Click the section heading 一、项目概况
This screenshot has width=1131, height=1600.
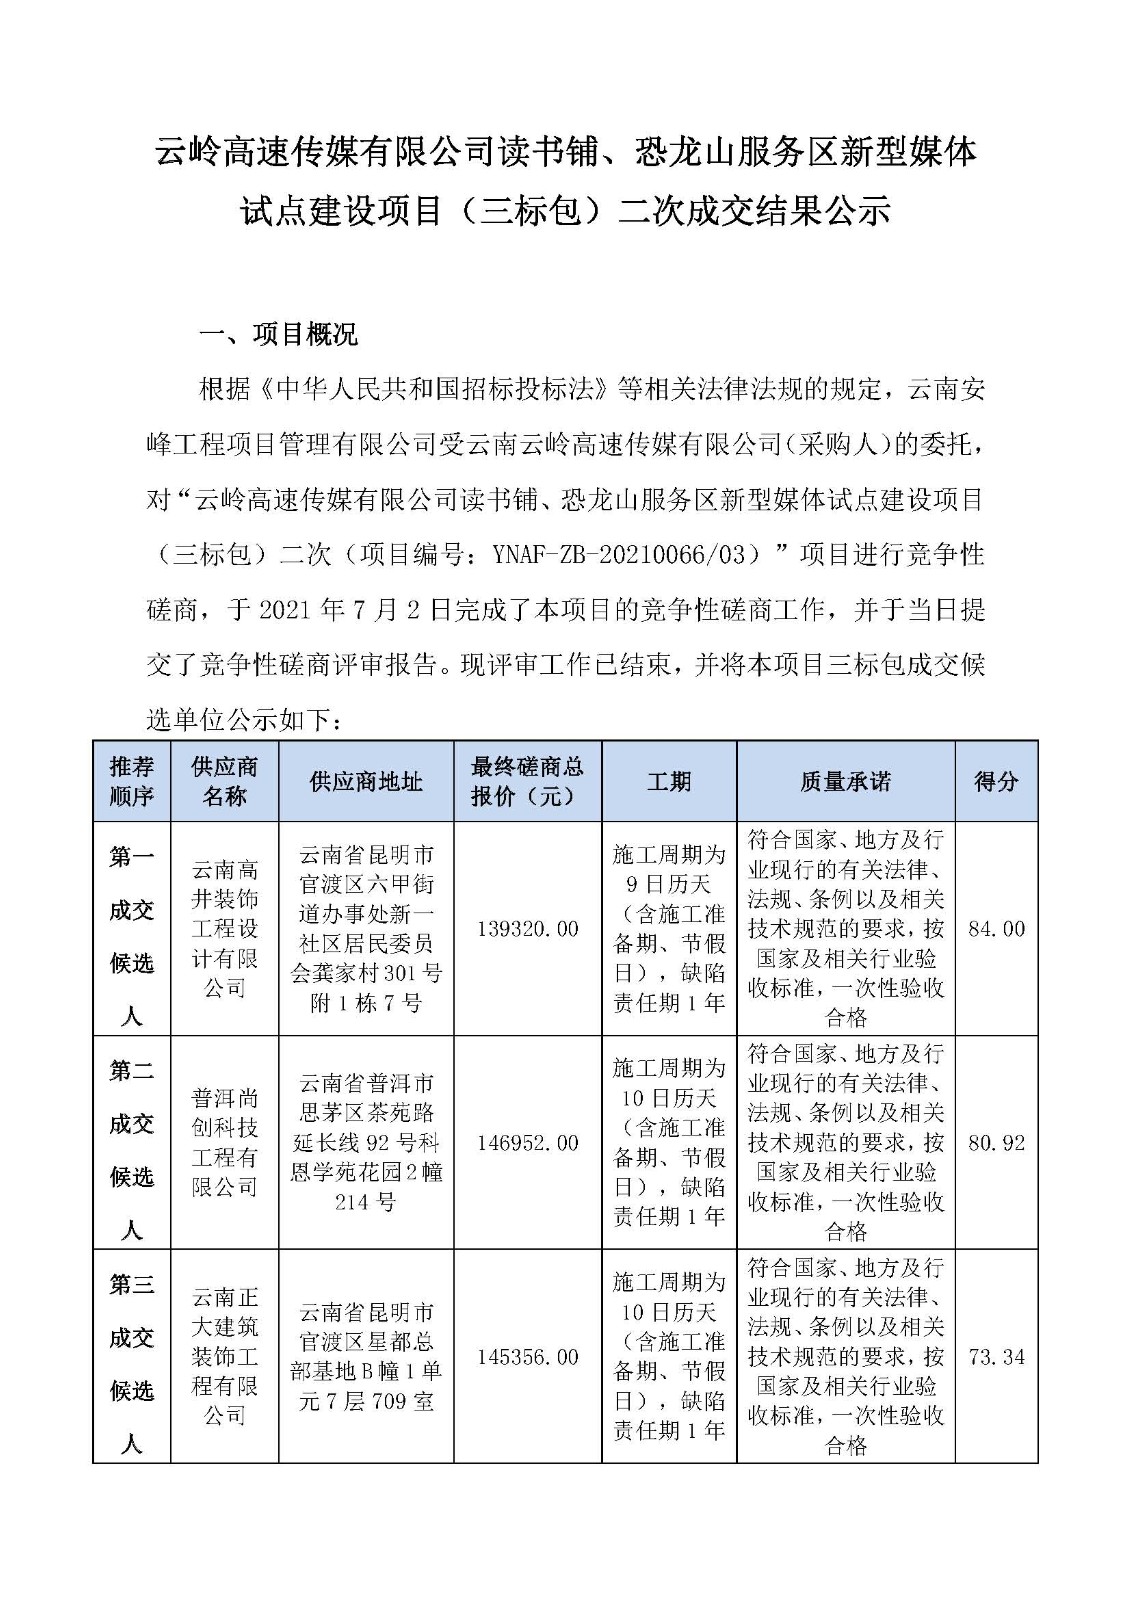click(279, 334)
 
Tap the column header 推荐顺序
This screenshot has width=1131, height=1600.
click(132, 781)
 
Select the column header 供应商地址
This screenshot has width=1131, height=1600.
click(366, 781)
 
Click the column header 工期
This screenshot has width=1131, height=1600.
click(669, 781)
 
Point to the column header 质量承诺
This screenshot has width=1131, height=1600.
click(845, 781)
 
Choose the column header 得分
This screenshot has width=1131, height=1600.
click(996, 781)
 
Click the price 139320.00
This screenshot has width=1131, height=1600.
click(527, 929)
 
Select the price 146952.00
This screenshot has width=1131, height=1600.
click(527, 1143)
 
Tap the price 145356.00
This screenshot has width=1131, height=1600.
click(527, 1357)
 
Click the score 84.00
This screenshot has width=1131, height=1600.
click(996, 929)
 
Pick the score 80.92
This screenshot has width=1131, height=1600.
click(996, 1143)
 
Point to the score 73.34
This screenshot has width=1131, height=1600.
click(996, 1357)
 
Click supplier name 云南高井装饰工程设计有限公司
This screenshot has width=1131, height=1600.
click(225, 929)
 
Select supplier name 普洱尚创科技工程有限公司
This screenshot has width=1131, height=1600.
click(225, 1143)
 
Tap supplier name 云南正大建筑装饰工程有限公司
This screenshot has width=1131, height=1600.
click(225, 1357)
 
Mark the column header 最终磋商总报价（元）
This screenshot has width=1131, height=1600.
click(527, 781)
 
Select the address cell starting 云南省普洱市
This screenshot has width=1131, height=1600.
click(366, 1143)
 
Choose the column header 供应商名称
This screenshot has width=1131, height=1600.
click(225, 781)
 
